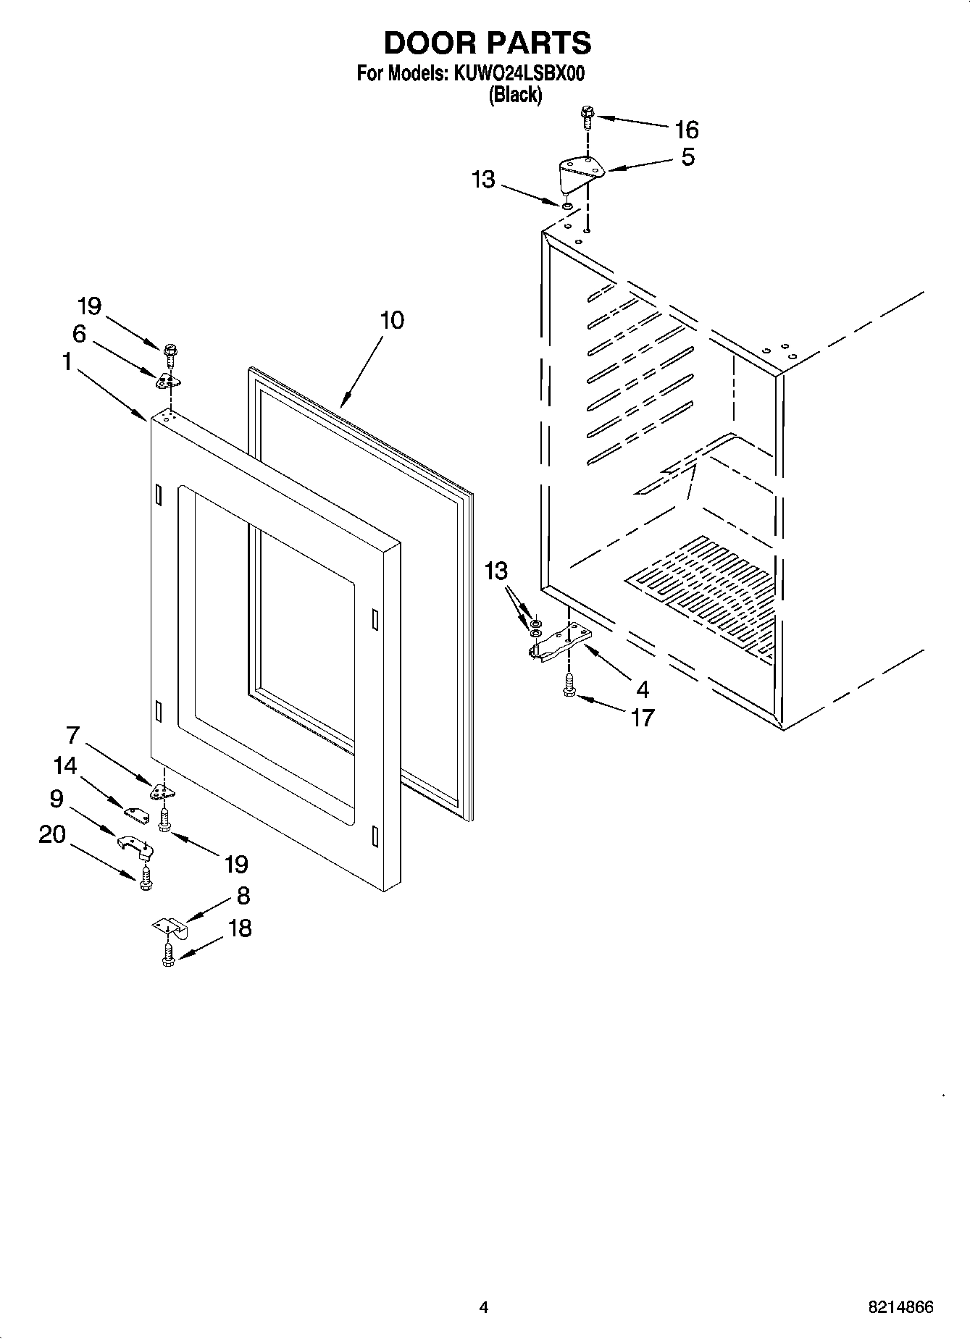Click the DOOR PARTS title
487,43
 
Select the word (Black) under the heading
515,94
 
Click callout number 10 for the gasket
392,320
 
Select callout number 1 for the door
67,361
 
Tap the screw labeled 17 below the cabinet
569,685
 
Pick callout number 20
51,834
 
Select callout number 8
243,896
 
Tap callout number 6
79,333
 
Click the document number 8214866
900,1306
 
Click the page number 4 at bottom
483,1306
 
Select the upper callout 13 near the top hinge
483,179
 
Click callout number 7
72,734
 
